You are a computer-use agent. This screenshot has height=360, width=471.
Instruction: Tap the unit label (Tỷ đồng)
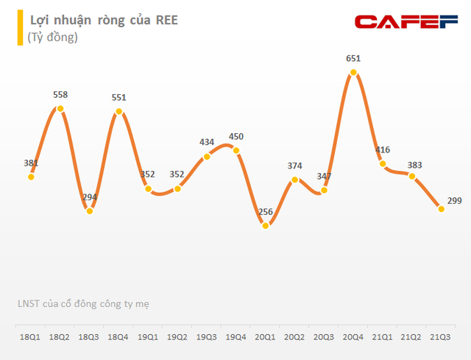[54, 37]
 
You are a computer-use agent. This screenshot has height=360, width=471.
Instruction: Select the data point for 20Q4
[353, 72]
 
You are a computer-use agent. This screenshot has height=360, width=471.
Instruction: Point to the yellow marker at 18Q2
[60, 109]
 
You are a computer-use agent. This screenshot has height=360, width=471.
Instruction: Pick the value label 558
[60, 94]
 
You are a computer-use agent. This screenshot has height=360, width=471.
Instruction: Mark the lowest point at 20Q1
[266, 225]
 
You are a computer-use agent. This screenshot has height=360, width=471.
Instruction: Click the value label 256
[266, 212]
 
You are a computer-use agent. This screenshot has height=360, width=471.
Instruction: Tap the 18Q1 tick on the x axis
[31, 337]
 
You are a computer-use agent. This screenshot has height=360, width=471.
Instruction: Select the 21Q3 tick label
[440, 337]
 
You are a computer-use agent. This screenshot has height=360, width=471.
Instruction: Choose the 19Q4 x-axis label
[235, 337]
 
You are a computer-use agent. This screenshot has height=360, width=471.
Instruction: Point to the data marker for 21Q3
[441, 209]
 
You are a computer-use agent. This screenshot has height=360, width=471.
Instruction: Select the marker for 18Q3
[90, 211]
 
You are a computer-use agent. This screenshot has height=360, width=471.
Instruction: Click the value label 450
[235, 136]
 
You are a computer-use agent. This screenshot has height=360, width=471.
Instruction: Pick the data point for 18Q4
[118, 113]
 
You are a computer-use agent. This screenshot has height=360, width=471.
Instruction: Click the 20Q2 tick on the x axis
[294, 337]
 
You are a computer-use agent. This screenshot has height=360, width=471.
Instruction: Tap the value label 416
[383, 149]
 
